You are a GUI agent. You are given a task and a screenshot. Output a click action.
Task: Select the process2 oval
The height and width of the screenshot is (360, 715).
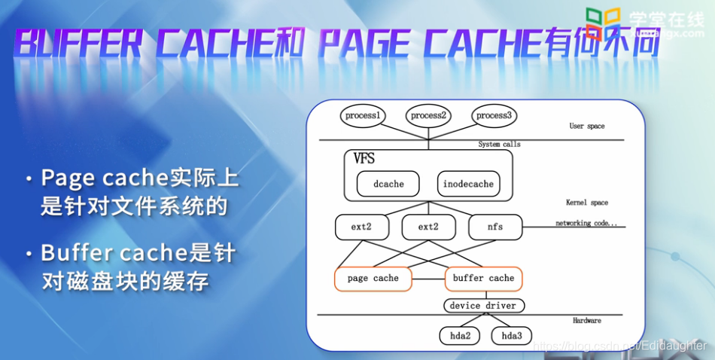coord(429,115)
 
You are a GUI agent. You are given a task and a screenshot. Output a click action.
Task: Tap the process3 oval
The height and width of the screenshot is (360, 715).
coord(494,115)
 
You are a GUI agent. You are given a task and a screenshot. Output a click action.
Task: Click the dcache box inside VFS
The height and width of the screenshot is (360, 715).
coord(388,184)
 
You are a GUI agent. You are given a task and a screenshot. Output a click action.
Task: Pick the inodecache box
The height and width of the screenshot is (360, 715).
coord(468,184)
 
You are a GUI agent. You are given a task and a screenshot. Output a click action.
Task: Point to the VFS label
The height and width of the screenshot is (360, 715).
coord(364,159)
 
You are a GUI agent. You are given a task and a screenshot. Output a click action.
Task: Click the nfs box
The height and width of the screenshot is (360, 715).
coord(494,227)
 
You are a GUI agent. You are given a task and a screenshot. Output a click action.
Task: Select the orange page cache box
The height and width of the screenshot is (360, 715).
coord(373,279)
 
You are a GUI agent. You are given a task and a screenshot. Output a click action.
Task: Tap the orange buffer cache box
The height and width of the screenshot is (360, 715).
coord(484,279)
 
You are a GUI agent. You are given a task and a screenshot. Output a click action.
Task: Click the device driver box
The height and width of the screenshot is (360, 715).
coord(484,306)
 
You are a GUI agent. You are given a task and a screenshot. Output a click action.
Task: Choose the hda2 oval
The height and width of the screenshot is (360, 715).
coord(461,335)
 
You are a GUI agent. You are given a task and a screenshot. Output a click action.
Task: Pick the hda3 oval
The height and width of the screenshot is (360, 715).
coord(511,335)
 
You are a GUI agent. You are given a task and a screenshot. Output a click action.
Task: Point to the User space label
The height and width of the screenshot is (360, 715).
coord(586,126)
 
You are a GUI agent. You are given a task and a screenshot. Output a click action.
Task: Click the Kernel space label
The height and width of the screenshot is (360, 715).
coord(587,203)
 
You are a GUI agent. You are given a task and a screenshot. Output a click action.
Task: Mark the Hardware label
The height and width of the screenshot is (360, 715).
coord(587,321)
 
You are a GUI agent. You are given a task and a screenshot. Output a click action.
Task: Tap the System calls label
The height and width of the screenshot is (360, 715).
coord(499,144)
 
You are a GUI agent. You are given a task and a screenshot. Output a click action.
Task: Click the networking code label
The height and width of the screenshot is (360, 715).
coord(586,224)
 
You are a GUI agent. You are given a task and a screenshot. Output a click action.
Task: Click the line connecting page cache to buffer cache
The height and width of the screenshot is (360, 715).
coord(429,279)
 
